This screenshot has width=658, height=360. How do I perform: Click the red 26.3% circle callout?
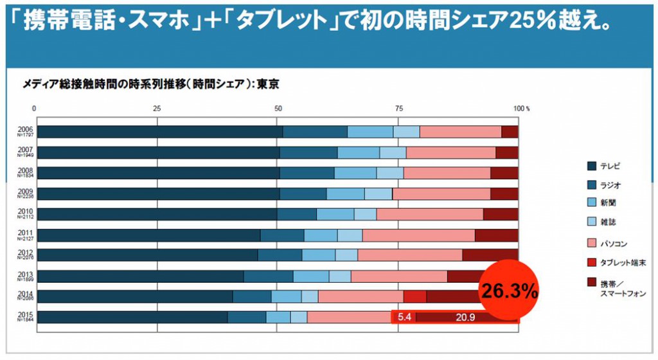coord(510,291)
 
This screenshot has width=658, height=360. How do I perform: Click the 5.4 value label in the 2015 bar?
coord(404,317)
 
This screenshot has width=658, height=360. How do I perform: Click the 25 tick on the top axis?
coord(156,108)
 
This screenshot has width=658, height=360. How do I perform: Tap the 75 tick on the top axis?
coord(398,108)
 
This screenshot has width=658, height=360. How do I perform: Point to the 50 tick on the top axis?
coord(278,108)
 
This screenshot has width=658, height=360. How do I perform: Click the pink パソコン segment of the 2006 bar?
coord(460,132)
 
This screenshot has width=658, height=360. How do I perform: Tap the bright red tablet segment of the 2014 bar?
coord(414,296)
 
